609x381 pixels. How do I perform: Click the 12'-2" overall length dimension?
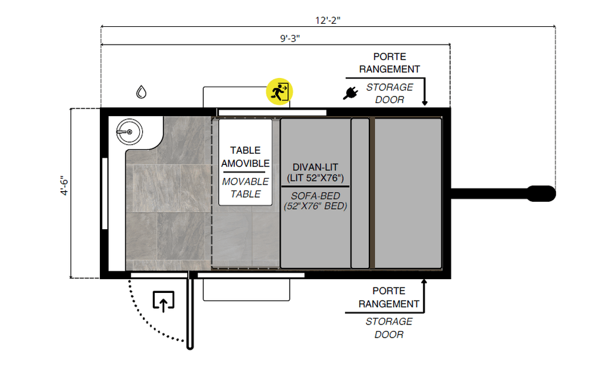point(328,20)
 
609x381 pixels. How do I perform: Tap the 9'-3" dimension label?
point(290,39)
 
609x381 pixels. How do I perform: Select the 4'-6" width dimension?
point(64,186)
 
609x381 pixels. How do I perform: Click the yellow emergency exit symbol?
point(280,92)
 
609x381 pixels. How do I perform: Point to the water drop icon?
point(142,92)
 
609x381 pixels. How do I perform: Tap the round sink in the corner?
point(129,132)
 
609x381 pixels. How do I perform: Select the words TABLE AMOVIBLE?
point(246,157)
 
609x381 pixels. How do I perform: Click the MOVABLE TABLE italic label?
point(246,188)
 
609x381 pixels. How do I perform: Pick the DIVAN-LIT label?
point(315,167)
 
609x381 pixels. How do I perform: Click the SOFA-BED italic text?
point(315,196)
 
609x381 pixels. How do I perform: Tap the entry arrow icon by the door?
point(164,301)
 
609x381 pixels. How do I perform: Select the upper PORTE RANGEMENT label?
point(390,63)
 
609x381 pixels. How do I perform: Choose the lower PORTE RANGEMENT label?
point(389,298)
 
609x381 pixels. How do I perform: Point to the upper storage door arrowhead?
point(425,103)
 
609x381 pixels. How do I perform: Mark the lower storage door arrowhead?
point(424,281)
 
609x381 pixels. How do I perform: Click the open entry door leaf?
point(190,311)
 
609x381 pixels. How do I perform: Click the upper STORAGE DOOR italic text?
point(390,93)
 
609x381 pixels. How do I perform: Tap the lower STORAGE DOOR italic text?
point(389,328)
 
